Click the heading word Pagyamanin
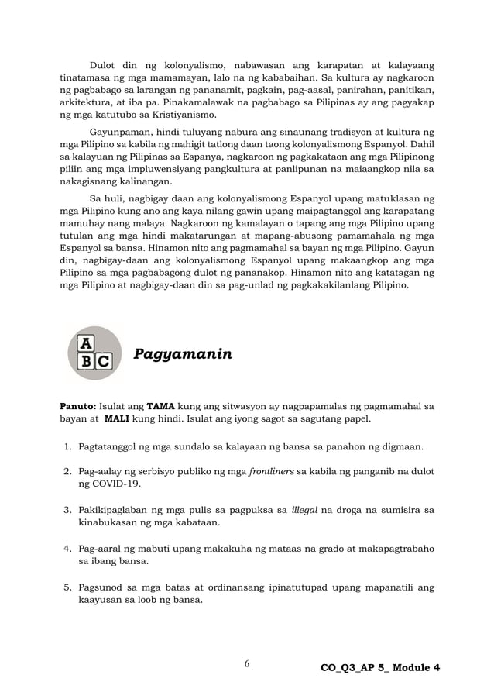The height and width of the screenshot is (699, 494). click(183, 355)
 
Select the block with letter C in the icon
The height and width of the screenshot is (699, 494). click(104, 361)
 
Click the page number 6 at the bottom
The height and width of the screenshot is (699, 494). click(246, 664)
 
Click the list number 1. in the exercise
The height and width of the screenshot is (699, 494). click(67, 447)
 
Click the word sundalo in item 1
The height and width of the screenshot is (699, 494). click(204, 447)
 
